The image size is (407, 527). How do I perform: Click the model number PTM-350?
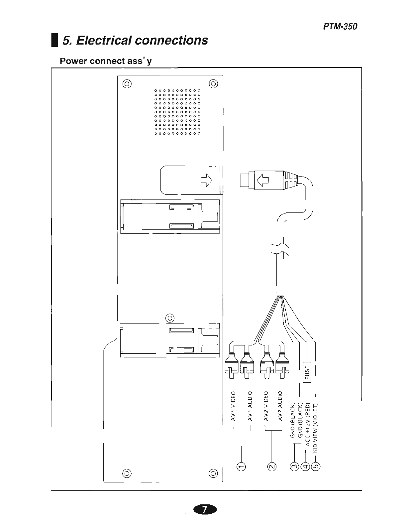(340, 27)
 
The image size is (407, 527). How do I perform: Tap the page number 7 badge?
(205, 509)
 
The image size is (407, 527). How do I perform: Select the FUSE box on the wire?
(307, 372)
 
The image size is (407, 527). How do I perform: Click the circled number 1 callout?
(241, 467)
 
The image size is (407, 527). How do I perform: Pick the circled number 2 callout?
(272, 467)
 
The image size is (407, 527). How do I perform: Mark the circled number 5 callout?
(316, 467)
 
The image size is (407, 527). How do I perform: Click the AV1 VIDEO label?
(234, 406)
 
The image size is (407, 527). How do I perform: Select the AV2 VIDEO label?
(266, 406)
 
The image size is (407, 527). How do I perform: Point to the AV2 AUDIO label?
(280, 406)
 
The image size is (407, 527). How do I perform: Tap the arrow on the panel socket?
(206, 180)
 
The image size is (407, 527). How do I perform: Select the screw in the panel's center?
(170, 318)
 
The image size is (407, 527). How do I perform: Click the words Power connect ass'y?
(106, 61)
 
